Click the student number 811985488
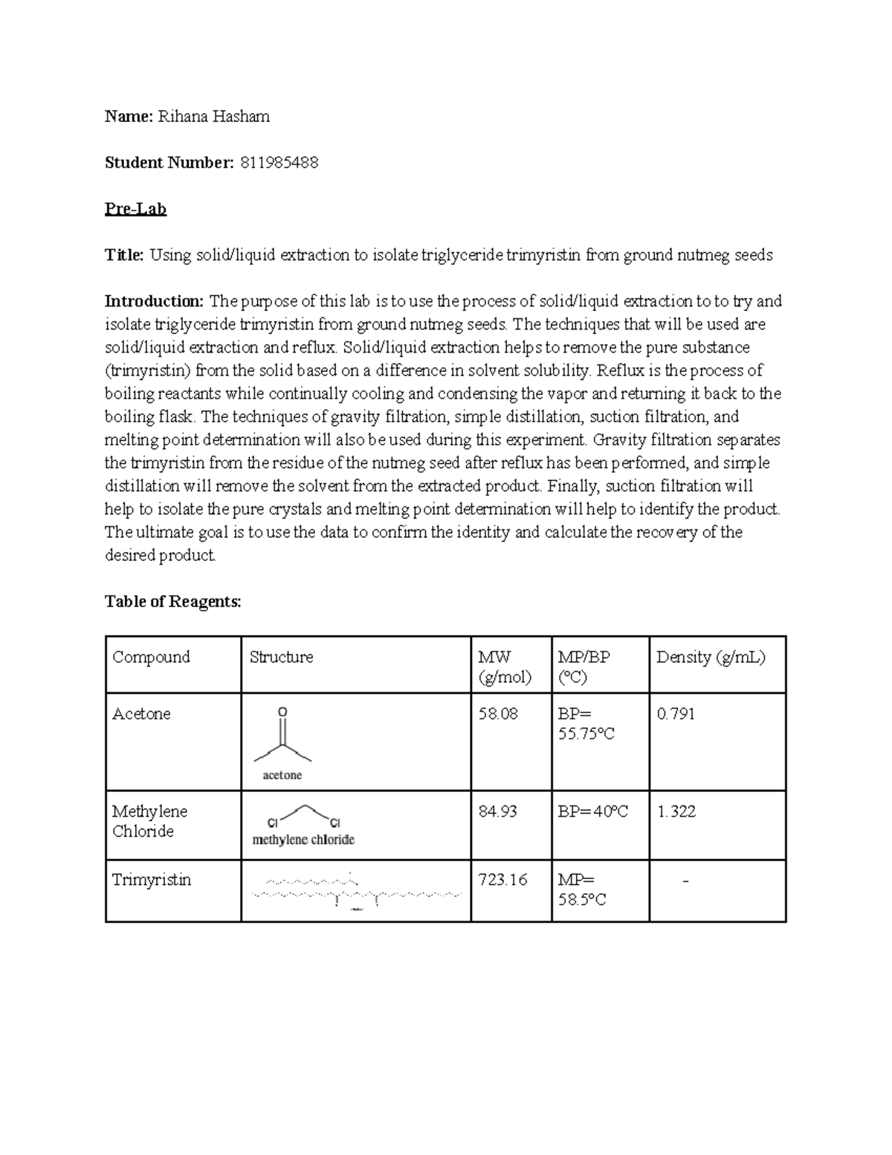click(279, 163)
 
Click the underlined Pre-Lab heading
click(135, 209)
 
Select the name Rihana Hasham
click(214, 117)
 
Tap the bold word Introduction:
click(154, 301)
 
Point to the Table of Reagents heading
click(173, 602)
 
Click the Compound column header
click(151, 657)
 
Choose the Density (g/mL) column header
click(711, 657)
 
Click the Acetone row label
click(141, 714)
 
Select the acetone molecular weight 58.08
click(498, 714)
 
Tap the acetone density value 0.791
click(676, 714)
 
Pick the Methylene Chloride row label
click(149, 821)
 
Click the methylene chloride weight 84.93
click(498, 811)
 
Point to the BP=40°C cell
click(593, 811)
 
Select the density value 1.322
click(676, 811)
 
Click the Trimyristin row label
click(152, 880)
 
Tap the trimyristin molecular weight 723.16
click(503, 880)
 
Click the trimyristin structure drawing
click(356, 891)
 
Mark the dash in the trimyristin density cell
click(685, 881)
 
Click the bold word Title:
click(124, 255)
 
